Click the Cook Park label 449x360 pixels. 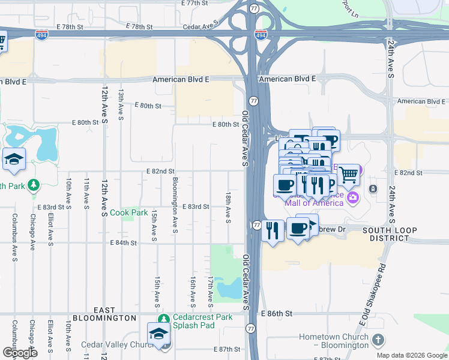pos(129,213)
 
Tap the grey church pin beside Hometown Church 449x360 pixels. pos(378,340)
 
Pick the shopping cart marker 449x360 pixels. pos(348,175)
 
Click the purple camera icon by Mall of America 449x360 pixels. pos(354,197)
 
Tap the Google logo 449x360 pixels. pos(20,352)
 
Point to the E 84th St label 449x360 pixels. pos(124,243)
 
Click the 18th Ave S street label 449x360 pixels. pos(228,208)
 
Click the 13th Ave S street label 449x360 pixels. pos(121,104)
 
